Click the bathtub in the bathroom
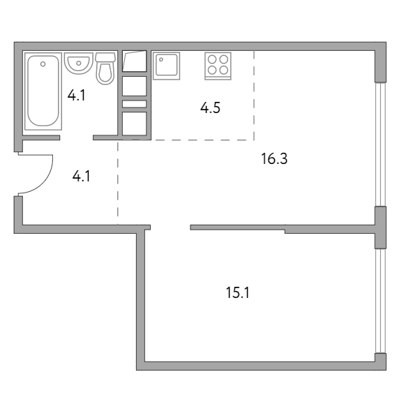43,91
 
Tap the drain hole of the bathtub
43,64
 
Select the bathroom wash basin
78,63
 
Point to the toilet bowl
105,73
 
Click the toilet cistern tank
105,57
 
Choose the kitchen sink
166,66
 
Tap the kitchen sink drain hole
161,60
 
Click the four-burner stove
218,66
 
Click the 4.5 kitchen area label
210,108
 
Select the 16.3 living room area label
274,158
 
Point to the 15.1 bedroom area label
237,292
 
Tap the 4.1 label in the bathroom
76,96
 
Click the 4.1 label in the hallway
81,177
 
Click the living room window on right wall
380,144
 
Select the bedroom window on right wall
380,301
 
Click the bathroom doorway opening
77,138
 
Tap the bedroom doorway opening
170,227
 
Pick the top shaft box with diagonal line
135,61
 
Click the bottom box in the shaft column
135,124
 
